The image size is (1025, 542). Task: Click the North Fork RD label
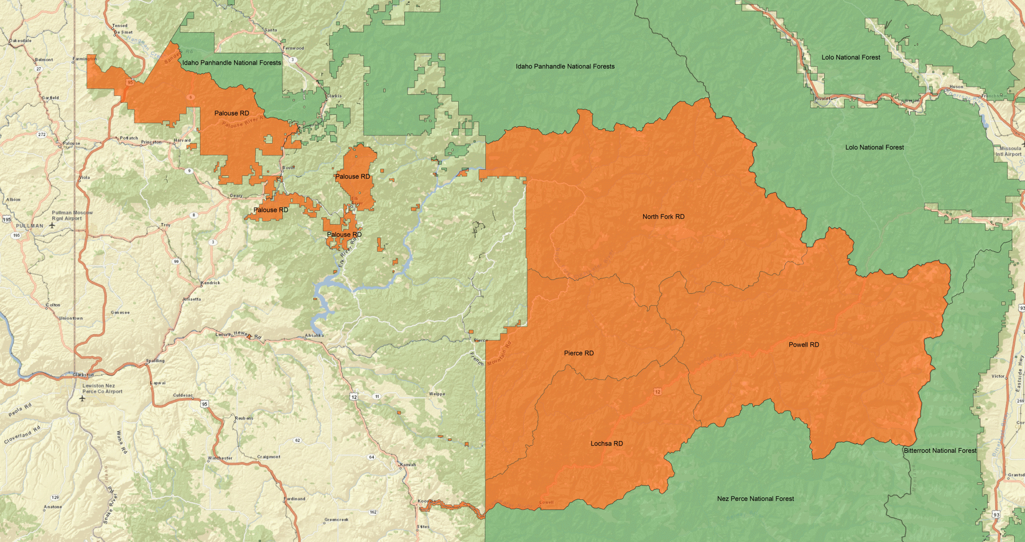click(663, 217)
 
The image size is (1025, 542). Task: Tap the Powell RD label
click(804, 345)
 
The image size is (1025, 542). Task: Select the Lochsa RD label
click(606, 444)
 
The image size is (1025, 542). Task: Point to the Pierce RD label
click(579, 353)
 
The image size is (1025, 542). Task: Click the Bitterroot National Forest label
click(940, 451)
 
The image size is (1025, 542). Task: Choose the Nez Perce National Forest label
click(755, 498)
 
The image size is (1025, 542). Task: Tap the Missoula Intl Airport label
click(1009, 151)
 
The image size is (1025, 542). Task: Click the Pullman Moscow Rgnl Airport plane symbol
click(52, 225)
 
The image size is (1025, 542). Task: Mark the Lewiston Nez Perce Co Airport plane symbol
click(83, 398)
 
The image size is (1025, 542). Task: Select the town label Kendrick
click(211, 283)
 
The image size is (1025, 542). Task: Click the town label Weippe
click(437, 394)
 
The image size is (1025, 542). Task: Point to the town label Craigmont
click(269, 456)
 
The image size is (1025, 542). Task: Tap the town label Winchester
click(220, 458)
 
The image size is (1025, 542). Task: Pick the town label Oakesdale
click(20, 41)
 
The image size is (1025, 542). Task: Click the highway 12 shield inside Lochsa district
click(658, 392)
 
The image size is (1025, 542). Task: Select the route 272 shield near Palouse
click(42, 134)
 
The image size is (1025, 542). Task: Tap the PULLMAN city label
click(30, 226)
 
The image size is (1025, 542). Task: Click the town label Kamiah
click(408, 465)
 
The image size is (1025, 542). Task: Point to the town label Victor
click(998, 376)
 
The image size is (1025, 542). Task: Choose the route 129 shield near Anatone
click(55, 497)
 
